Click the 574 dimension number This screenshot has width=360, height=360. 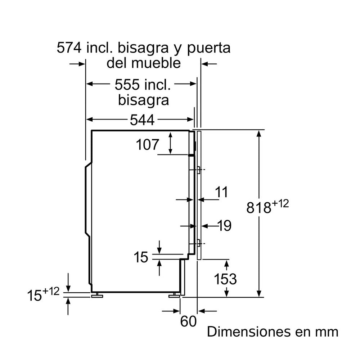click(69, 48)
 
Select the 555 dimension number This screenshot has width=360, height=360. click(127, 85)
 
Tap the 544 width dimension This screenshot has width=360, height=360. click(142, 120)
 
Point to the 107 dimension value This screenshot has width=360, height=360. click(147, 145)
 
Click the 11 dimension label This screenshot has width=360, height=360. click(221, 192)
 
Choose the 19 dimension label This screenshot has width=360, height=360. click(224, 226)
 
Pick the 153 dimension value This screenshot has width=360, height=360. click(225, 279)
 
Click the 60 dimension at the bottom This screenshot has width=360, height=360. click(188, 321)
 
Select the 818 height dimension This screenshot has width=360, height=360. click(259, 208)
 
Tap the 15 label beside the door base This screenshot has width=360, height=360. click(141, 257)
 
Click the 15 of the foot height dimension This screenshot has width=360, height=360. click(35, 295)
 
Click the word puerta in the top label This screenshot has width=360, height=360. click(209, 49)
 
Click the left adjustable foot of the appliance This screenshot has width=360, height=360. click(97, 295)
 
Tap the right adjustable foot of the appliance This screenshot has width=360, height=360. click(175, 295)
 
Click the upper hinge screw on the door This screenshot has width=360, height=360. click(198, 170)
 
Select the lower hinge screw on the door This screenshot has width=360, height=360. click(198, 243)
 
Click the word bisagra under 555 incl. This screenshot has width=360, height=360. click(144, 100)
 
